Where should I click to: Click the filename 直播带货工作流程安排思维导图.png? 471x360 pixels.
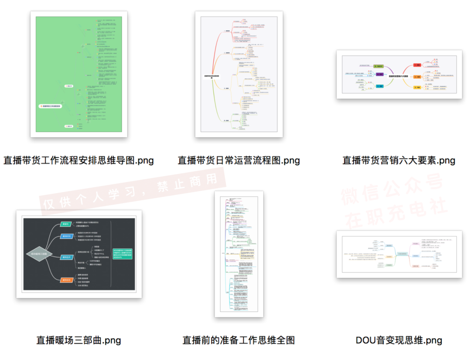tap(78, 160)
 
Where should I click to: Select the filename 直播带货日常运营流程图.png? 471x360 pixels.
tap(239, 160)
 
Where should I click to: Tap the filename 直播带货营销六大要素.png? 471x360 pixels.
tap(399, 160)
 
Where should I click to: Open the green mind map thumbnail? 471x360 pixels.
tap(79, 74)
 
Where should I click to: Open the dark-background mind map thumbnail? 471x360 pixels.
tap(79, 254)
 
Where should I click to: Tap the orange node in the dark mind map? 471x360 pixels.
tap(67, 280)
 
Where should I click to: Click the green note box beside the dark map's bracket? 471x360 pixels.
tap(125, 254)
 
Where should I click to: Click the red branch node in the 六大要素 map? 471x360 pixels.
tap(417, 65)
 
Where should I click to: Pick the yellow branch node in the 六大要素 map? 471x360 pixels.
tap(417, 87)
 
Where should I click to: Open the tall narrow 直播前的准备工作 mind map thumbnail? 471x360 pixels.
tap(239, 254)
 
